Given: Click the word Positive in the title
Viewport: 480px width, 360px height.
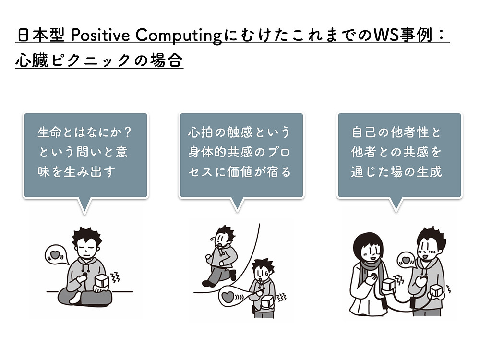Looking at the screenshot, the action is [100, 35].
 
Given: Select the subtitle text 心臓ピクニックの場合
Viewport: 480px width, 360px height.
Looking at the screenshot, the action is [99, 60].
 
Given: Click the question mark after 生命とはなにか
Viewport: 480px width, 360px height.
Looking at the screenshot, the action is [128, 132].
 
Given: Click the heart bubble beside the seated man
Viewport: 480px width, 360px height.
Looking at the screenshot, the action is [56, 255].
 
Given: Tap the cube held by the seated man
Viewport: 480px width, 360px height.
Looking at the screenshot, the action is [102, 282].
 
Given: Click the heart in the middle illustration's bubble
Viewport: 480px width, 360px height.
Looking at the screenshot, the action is [228, 296].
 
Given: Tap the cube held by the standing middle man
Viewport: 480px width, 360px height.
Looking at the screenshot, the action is [267, 302].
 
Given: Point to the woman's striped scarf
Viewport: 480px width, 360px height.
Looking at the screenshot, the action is [372, 274].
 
